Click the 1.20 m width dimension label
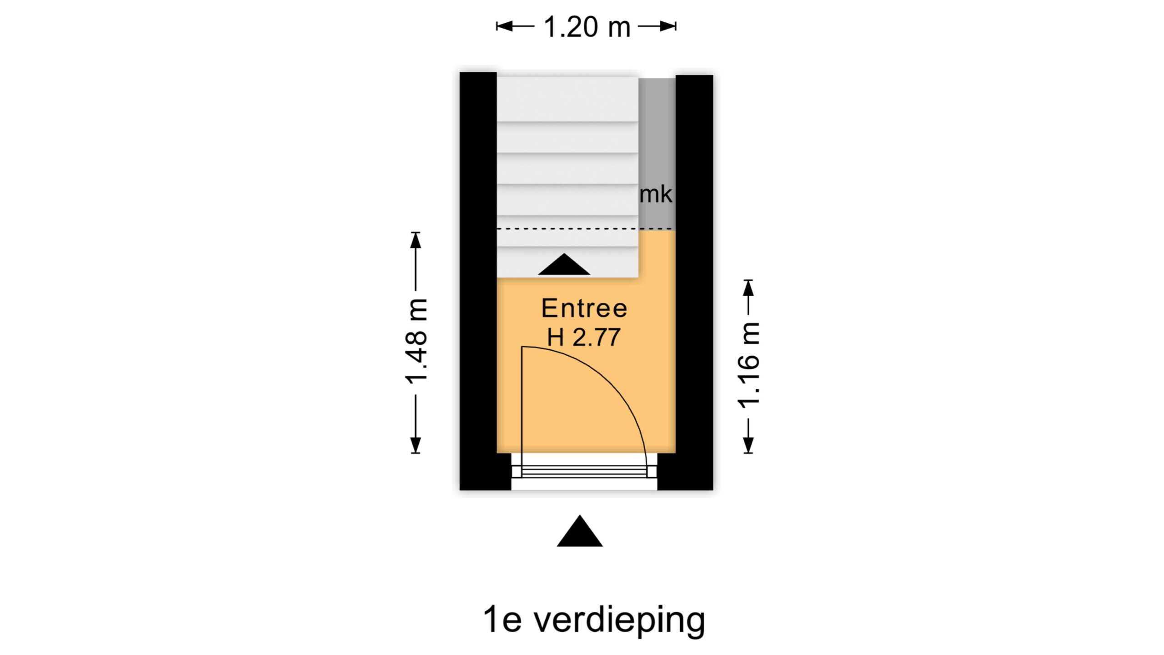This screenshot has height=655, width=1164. point(587,27)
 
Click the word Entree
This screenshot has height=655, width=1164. point(584,308)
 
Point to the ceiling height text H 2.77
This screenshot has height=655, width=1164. point(584,338)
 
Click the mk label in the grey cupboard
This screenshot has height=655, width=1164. point(656,195)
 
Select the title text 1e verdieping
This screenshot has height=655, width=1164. point(594,620)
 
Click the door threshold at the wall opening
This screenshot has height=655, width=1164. point(584,472)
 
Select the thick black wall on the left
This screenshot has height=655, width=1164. point(478,273)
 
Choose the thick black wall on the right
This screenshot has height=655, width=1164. point(694,273)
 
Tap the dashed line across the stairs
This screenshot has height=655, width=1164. point(568,229)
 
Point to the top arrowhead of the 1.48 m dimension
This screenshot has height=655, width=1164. point(416,240)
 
